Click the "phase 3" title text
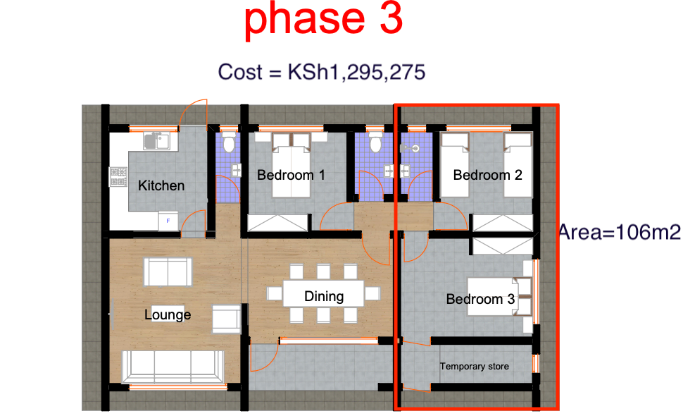[x=323, y=21]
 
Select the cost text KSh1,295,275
[x=321, y=72]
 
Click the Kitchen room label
[x=161, y=185]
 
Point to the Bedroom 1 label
[x=291, y=174]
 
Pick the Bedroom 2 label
[x=487, y=174]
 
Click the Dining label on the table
[x=324, y=296]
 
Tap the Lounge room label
[x=168, y=314]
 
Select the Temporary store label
[x=474, y=367]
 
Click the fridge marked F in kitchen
[x=168, y=221]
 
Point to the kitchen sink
[x=153, y=140]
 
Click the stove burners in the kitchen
[x=117, y=177]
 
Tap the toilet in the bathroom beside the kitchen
[x=227, y=144]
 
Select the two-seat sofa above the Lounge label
[x=167, y=271]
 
